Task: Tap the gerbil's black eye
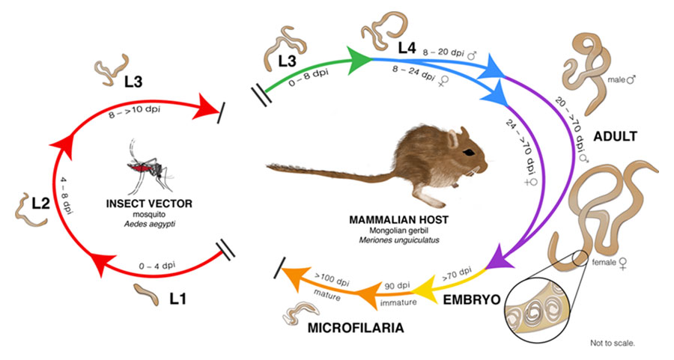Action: click(468, 152)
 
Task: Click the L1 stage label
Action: click(177, 299)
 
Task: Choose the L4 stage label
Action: click(407, 48)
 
